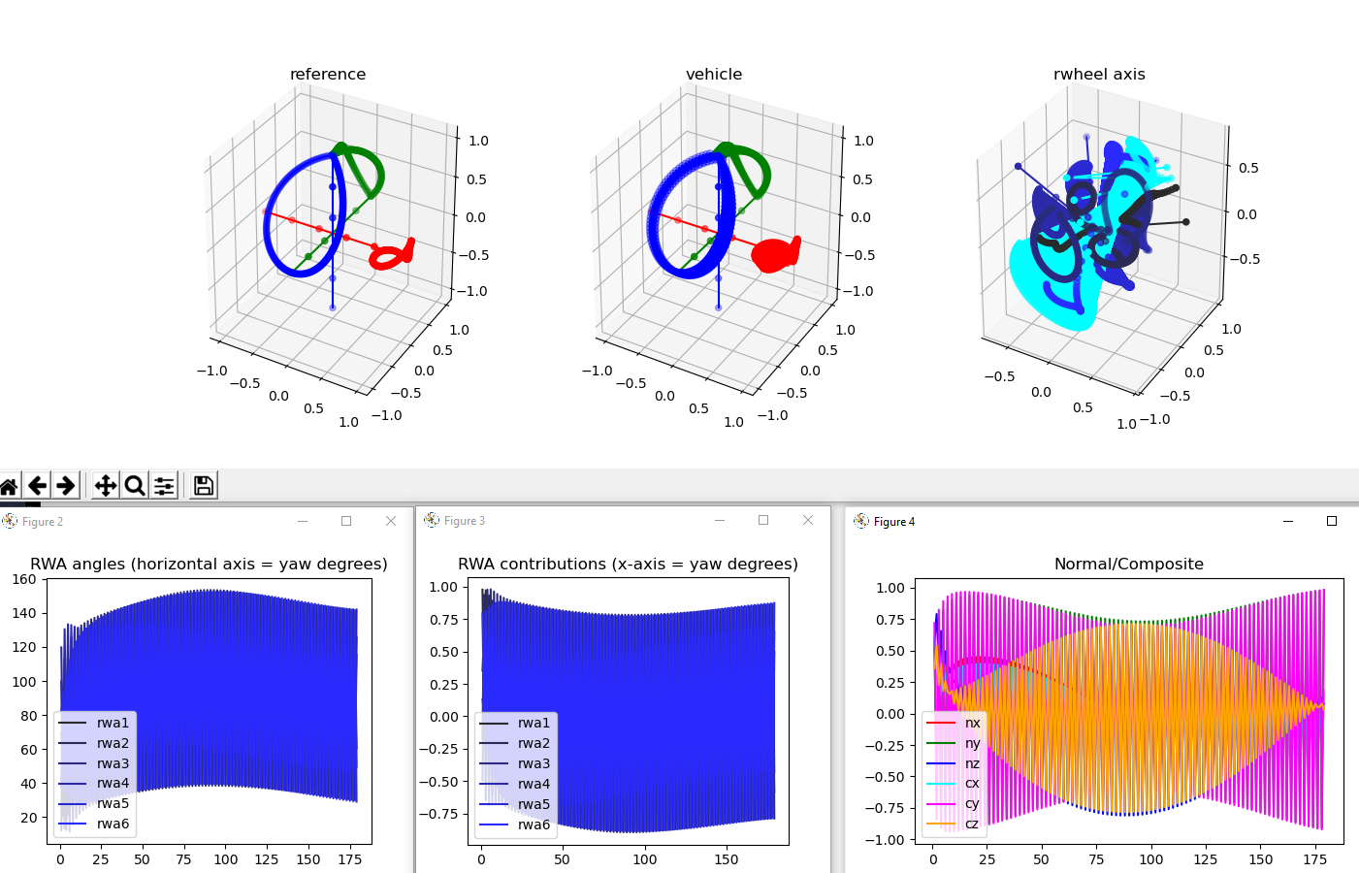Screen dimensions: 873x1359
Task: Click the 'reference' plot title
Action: [328, 75]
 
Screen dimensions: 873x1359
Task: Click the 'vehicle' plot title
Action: [714, 75]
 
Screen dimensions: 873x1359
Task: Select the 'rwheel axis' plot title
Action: [1099, 75]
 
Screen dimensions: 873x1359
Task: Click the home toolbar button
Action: [9, 485]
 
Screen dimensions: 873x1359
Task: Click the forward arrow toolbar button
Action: [66, 485]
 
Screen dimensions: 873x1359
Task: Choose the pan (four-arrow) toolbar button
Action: [106, 485]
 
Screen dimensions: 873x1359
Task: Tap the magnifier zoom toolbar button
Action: [135, 485]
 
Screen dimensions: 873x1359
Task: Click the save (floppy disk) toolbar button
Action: [203, 485]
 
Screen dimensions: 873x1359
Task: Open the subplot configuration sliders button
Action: [164, 485]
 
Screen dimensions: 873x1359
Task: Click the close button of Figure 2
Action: [391, 521]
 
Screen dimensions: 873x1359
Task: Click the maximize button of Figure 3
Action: [763, 520]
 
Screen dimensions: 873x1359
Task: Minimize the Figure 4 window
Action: [1288, 521]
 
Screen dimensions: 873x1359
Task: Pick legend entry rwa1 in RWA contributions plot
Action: [534, 723]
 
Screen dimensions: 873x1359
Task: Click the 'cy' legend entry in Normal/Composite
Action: [972, 803]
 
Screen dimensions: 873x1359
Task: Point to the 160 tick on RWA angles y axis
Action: [24, 579]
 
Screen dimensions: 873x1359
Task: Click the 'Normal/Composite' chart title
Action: [1129, 564]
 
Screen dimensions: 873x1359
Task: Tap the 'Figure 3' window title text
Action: [465, 521]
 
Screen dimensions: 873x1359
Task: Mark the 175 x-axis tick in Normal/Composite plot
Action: [1315, 858]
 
